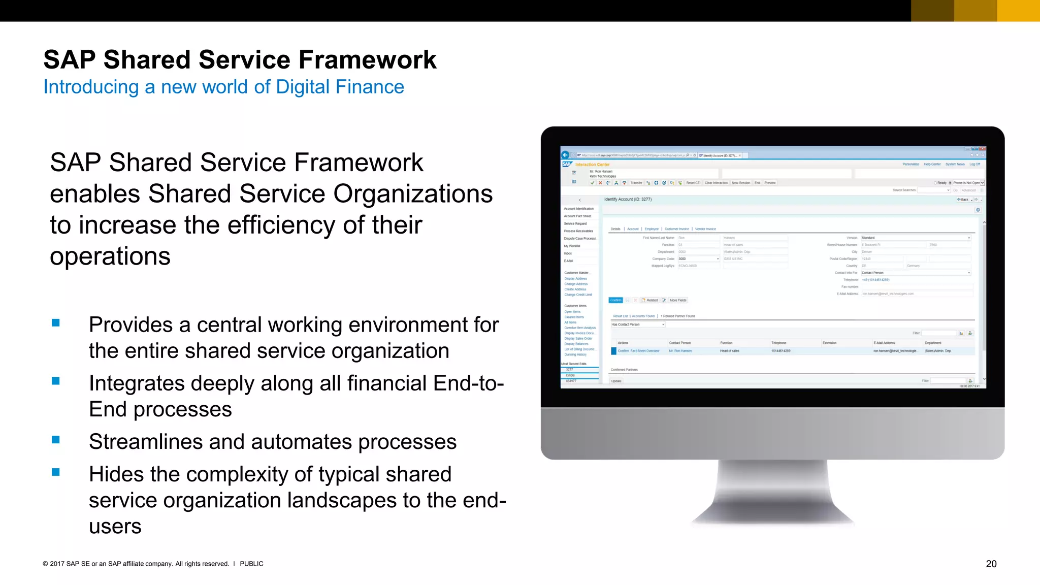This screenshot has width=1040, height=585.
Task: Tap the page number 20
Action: click(991, 564)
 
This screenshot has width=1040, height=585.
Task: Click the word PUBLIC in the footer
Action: click(251, 564)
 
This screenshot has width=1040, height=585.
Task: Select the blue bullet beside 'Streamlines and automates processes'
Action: click(56, 440)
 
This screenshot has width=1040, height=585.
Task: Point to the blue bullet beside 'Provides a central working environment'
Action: click(56, 322)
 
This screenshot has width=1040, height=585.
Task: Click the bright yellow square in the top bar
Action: click(1018, 11)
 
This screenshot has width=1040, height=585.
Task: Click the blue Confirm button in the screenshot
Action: click(615, 300)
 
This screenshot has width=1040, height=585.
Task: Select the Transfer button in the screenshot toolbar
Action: click(636, 183)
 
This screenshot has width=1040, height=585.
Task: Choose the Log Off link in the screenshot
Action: click(974, 164)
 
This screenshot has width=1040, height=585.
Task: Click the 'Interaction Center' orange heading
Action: click(592, 165)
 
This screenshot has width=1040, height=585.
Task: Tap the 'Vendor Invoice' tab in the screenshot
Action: click(705, 229)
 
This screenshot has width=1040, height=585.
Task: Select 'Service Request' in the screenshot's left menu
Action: click(575, 223)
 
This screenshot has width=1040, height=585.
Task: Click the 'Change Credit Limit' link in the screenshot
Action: click(578, 295)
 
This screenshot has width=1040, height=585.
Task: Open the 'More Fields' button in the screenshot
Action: click(678, 300)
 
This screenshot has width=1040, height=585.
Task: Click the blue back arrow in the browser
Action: click(565, 155)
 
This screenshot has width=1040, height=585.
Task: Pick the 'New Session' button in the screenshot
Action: click(740, 183)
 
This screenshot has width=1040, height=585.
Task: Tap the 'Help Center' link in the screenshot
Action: click(932, 164)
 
